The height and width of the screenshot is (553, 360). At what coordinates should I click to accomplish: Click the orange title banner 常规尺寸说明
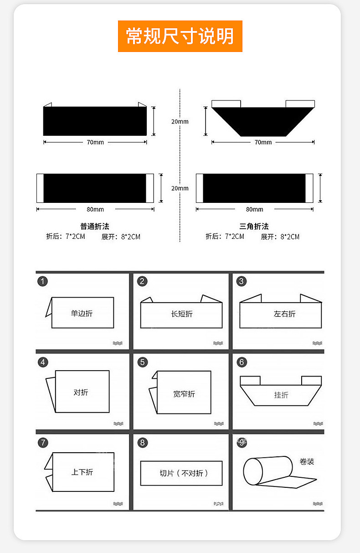tap(180, 36)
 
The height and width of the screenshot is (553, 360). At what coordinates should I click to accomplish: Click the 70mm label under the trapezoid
tap(263, 142)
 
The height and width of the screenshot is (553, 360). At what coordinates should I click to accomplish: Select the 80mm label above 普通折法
tap(95, 209)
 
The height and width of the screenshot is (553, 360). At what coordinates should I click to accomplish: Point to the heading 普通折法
tap(95, 226)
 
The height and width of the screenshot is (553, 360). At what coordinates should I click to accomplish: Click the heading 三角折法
tap(254, 226)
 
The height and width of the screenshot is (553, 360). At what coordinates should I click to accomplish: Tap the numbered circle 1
tap(42, 281)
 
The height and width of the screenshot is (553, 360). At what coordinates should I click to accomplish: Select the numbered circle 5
tap(143, 362)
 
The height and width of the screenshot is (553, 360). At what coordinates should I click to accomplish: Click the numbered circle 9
tap(242, 442)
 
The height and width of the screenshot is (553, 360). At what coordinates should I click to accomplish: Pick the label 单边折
tap(82, 313)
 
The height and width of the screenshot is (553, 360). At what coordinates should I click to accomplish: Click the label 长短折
tap(181, 314)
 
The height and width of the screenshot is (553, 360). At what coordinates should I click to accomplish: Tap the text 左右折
tap(284, 314)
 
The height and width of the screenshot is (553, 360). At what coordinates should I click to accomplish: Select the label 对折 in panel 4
tap(81, 392)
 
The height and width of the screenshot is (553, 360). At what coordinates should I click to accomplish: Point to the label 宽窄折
tap(184, 394)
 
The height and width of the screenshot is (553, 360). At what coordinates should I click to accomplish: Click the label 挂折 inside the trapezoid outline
tap(281, 395)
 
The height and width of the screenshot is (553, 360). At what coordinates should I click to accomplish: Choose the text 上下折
tap(82, 472)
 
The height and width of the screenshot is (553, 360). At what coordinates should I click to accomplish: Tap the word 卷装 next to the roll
tap(307, 461)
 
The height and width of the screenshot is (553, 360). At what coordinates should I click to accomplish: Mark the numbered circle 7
tap(43, 442)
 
